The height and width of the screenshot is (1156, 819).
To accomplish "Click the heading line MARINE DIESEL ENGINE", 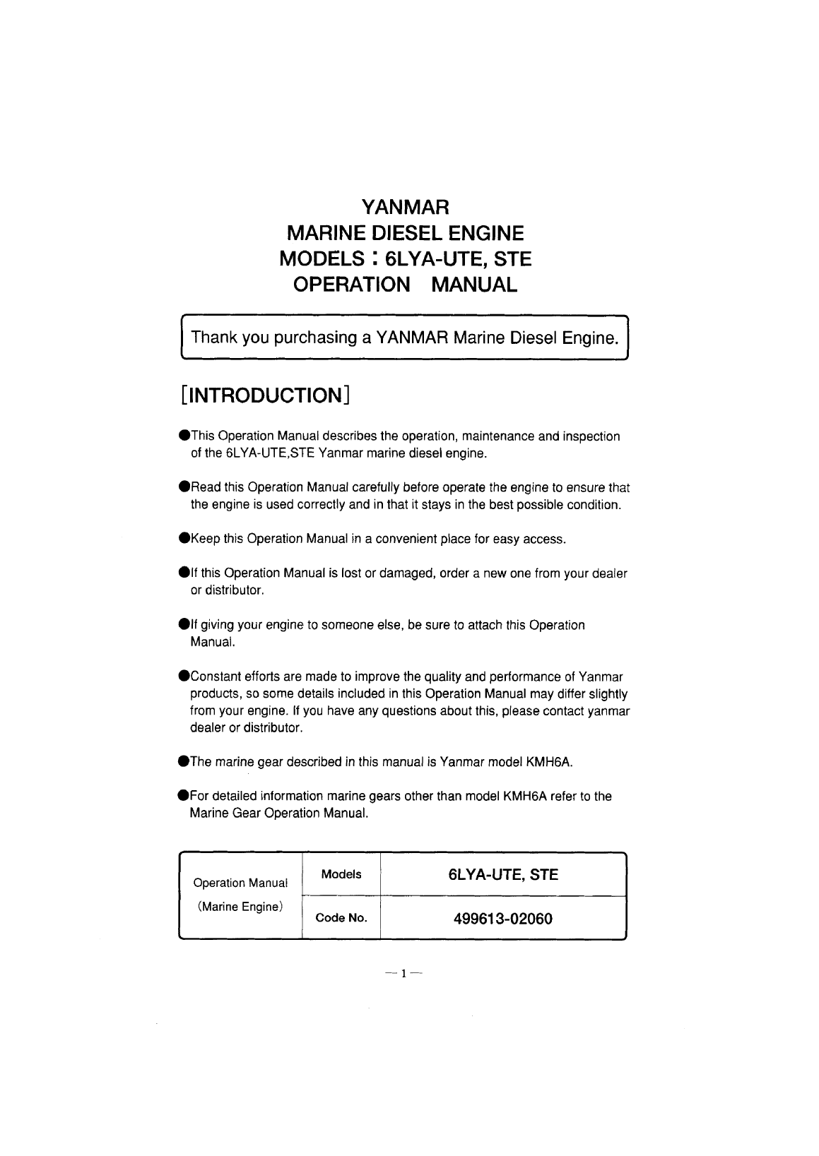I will pyautogui.click(x=404, y=233).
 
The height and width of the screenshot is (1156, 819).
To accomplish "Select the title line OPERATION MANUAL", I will pyautogui.click(x=405, y=285).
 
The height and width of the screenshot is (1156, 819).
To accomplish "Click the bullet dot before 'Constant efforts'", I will pyautogui.click(x=184, y=677).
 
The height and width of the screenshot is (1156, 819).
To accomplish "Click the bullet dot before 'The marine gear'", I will pyautogui.click(x=184, y=762).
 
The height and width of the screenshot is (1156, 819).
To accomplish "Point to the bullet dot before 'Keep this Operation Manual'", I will pyautogui.click(x=184, y=540).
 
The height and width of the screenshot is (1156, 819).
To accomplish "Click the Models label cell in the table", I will pyautogui.click(x=341, y=874).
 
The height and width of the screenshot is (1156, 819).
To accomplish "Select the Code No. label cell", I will pyautogui.click(x=341, y=918).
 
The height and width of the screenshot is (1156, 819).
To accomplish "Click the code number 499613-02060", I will pyautogui.click(x=502, y=919).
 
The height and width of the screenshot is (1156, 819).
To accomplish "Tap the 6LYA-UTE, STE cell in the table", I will pyautogui.click(x=503, y=875).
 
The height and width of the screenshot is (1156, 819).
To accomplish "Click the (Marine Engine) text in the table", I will pyautogui.click(x=240, y=906).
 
